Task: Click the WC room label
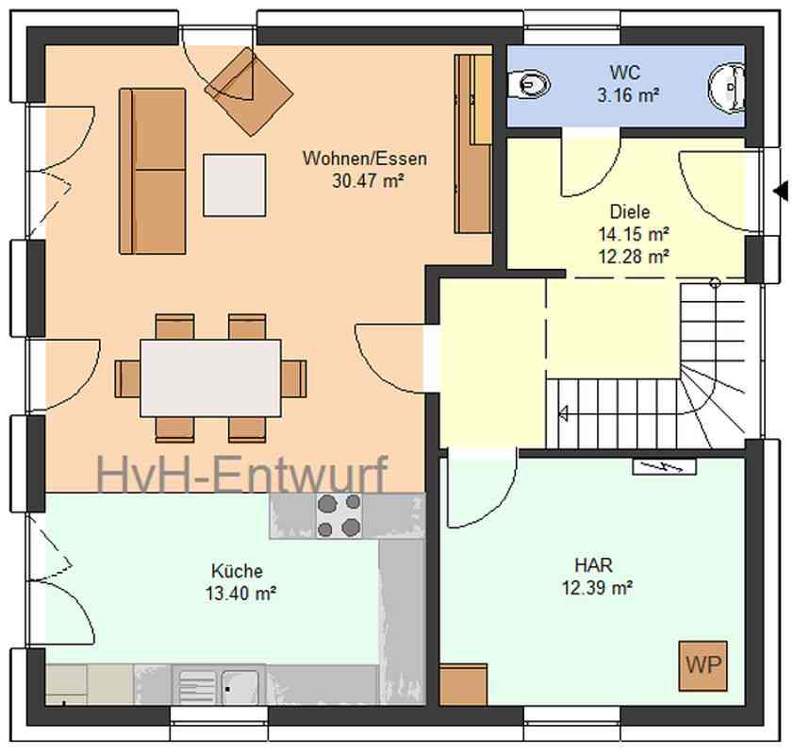625,73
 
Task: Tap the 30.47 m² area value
368,180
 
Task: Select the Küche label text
238,571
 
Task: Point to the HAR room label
593,564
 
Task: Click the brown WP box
703,666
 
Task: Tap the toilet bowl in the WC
528,83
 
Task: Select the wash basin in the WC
727,87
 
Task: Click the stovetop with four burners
339,515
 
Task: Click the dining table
210,378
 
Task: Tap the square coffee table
235,185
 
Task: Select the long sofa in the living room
152,171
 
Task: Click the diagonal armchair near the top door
249,92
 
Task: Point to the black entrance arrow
781,192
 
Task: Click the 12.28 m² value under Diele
634,257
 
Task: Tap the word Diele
630,211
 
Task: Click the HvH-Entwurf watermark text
242,474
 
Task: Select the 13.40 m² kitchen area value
240,593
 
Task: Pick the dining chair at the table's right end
294,378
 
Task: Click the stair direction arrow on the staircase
563,413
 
